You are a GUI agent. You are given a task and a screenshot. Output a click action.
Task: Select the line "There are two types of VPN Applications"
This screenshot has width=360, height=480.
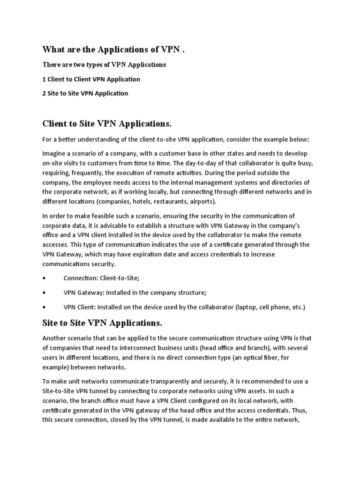(x=104, y=65)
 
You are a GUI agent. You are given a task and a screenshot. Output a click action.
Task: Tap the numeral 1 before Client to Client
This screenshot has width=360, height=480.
(x=44, y=79)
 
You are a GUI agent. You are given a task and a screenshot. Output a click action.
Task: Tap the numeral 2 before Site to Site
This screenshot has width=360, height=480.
(x=44, y=93)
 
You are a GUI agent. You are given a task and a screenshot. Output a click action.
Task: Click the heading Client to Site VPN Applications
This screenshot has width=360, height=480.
(x=107, y=124)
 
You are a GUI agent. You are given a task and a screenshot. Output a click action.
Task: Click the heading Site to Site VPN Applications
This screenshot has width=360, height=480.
(x=102, y=323)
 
